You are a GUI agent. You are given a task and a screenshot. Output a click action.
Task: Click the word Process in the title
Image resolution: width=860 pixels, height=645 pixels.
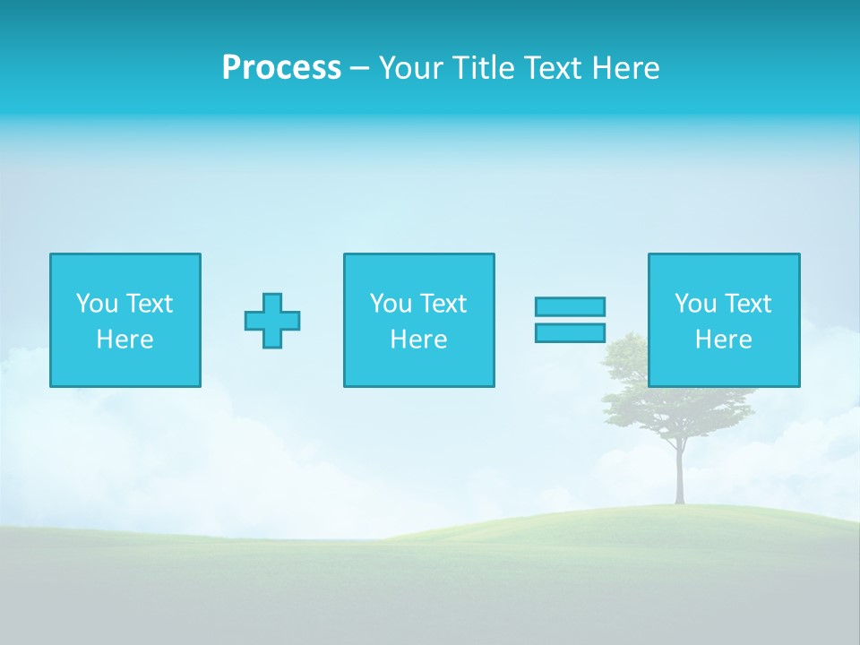[281, 68]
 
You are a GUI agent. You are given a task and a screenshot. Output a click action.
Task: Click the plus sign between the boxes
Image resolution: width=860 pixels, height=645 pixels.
[272, 321]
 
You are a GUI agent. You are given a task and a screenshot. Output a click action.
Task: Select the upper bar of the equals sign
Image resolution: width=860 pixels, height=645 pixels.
[570, 306]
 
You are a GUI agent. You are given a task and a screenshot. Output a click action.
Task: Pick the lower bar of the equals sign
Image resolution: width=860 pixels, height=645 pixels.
[570, 332]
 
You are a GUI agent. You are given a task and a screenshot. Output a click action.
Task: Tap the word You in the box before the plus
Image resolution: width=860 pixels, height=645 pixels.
[97, 304]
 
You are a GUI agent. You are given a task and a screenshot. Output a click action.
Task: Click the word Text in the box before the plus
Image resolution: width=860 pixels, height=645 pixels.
[149, 304]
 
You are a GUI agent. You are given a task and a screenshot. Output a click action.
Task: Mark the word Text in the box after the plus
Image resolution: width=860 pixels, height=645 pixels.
[443, 304]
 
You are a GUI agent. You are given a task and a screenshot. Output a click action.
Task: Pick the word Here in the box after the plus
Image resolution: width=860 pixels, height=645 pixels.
[419, 340]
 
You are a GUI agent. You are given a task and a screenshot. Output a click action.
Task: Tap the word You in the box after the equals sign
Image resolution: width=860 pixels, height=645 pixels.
[695, 304]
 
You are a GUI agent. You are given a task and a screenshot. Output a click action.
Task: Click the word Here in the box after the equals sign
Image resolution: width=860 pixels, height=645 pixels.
[724, 340]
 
